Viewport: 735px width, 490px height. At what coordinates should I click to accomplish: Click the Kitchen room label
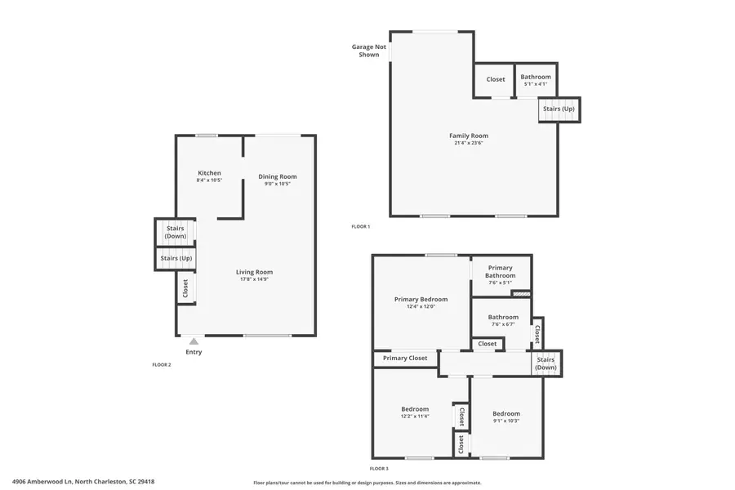pyautogui.click(x=209, y=173)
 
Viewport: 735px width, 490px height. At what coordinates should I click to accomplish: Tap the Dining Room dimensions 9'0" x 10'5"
pyautogui.click(x=278, y=184)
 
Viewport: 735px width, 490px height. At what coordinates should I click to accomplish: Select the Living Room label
pyautogui.click(x=254, y=272)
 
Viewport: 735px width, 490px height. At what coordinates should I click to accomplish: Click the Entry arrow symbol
pyautogui.click(x=193, y=342)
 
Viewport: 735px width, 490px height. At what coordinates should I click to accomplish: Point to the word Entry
pyautogui.click(x=194, y=352)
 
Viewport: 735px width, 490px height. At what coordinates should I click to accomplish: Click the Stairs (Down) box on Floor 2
pyautogui.click(x=176, y=232)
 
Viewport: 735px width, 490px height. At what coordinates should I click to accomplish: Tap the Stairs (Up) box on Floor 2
pyautogui.click(x=176, y=258)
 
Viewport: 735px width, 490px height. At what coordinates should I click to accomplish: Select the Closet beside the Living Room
pyautogui.click(x=185, y=287)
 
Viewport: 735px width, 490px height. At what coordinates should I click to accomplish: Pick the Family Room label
pyautogui.click(x=469, y=136)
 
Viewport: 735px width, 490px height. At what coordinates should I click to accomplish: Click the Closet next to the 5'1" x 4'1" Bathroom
pyautogui.click(x=495, y=79)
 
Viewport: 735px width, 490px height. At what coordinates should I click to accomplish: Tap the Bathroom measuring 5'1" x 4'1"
pyautogui.click(x=536, y=79)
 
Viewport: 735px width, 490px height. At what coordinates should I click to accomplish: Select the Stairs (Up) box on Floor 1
pyautogui.click(x=559, y=109)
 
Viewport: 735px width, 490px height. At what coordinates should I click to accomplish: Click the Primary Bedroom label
pyautogui.click(x=421, y=299)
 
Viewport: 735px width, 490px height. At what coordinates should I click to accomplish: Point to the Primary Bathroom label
pyautogui.click(x=500, y=271)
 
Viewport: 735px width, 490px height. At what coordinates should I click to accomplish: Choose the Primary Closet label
pyautogui.click(x=405, y=358)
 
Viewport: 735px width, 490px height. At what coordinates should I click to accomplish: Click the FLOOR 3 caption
pyautogui.click(x=379, y=468)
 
